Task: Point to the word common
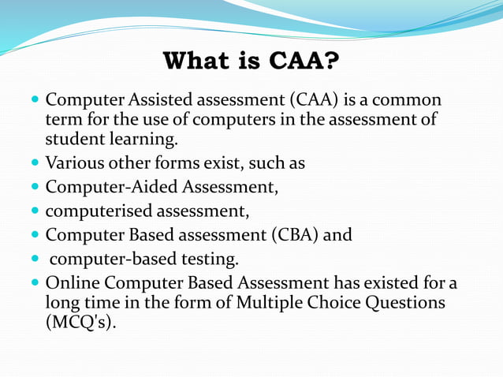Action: pyautogui.click(x=406, y=101)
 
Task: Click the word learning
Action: pyautogui.click(x=143, y=140)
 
